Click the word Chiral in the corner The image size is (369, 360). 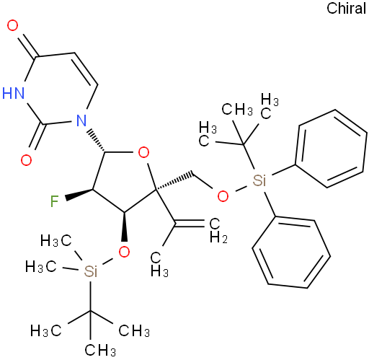click(346, 9)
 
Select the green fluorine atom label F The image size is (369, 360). click(55, 201)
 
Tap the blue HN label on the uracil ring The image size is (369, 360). click(14, 93)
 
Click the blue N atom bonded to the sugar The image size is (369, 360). click(81, 120)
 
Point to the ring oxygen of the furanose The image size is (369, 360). click(143, 152)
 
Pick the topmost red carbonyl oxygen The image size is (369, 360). click(12, 25)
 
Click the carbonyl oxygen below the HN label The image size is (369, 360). click(26, 160)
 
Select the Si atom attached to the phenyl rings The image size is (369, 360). click(259, 180)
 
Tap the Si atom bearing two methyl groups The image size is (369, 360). click(91, 271)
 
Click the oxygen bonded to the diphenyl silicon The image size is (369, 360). click(223, 196)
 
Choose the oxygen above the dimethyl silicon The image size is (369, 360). click(124, 252)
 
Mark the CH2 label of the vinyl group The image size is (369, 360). click(218, 230)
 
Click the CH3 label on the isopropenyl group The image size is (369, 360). click(159, 265)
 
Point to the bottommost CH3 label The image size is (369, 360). click(100, 350)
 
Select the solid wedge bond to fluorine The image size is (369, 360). click(79, 195)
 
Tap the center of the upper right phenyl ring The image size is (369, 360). click(331, 149)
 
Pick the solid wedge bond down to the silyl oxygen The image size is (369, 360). click(125, 227)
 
